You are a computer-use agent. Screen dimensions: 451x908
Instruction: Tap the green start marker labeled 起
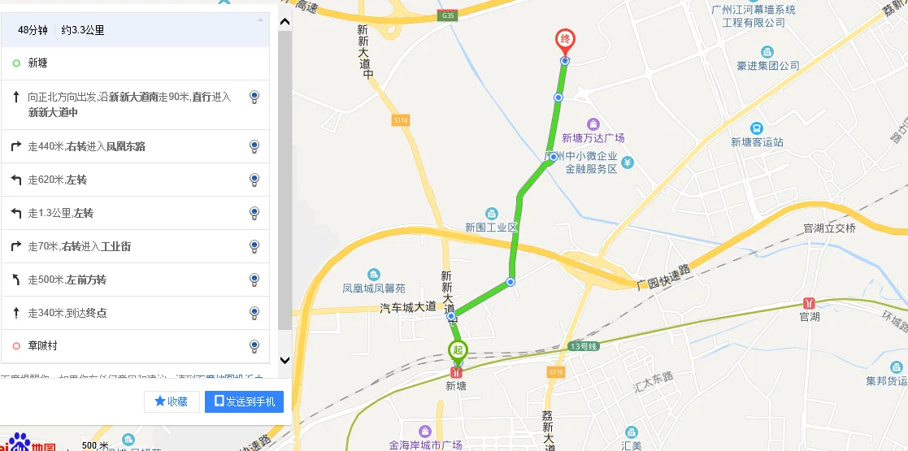(x=458, y=351)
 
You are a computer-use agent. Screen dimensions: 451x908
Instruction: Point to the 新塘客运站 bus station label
(x=757, y=141)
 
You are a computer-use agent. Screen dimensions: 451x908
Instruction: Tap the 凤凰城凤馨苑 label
(x=373, y=288)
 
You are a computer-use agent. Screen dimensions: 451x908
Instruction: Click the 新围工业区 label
(x=491, y=227)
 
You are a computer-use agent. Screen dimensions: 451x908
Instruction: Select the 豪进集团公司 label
(x=768, y=65)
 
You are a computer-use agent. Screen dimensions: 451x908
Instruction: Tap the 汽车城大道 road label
(x=408, y=307)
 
